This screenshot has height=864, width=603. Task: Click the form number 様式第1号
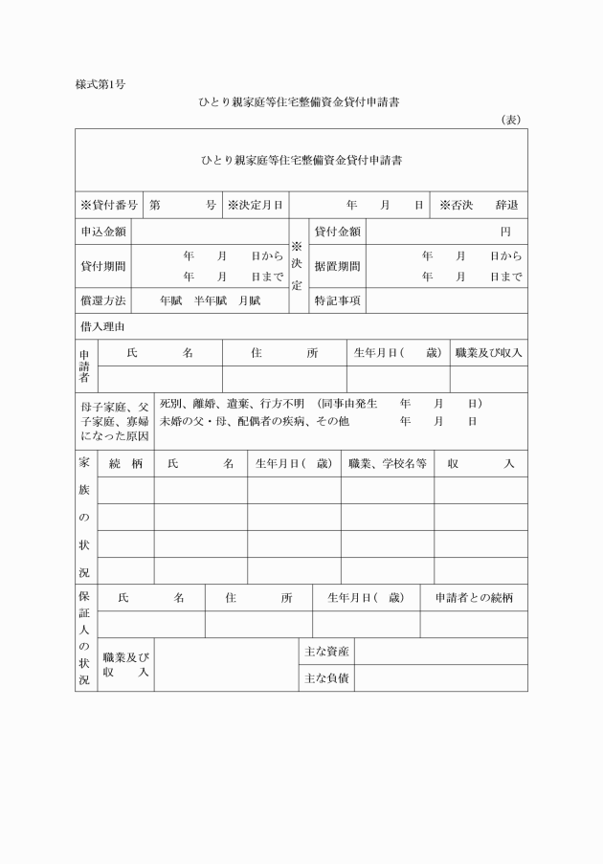[100, 84]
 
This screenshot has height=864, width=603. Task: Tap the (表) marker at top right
[510, 120]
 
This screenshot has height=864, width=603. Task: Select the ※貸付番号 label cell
[109, 205]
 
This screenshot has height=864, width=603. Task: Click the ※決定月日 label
[255, 205]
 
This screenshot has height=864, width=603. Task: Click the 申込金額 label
[102, 232]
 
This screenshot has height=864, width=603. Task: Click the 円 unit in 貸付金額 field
[505, 232]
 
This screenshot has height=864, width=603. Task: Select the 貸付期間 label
[102, 266]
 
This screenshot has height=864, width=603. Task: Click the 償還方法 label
[102, 300]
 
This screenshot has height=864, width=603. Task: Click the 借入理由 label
[102, 326]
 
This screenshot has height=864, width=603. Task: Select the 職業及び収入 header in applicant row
[489, 352]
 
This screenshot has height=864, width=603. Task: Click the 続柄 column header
[125, 463]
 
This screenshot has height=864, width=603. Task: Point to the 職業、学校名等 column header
[387, 463]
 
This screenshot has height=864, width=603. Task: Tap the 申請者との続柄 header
[474, 597]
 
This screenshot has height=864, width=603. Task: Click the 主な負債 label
[325, 677]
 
